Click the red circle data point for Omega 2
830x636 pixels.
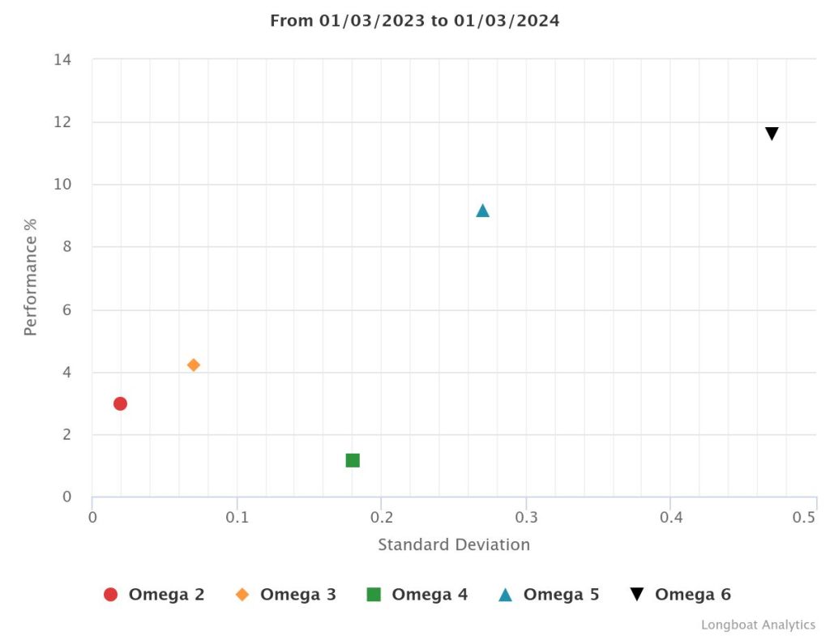120,403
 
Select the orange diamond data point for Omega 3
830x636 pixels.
193,365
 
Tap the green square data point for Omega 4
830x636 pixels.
353,460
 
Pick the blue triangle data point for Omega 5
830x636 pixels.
482,211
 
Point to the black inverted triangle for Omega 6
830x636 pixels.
772,134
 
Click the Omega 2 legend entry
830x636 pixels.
154,595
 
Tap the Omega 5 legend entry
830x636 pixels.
549,595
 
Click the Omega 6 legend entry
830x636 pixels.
680,595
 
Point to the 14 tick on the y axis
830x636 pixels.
62,60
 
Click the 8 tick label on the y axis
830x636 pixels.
67,247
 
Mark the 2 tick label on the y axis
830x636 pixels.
67,435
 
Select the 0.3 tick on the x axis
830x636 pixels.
526,517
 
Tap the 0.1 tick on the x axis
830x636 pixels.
237,517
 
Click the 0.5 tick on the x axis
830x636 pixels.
804,517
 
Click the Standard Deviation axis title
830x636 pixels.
454,544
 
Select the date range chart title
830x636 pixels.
414,21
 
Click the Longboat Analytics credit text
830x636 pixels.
758,625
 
